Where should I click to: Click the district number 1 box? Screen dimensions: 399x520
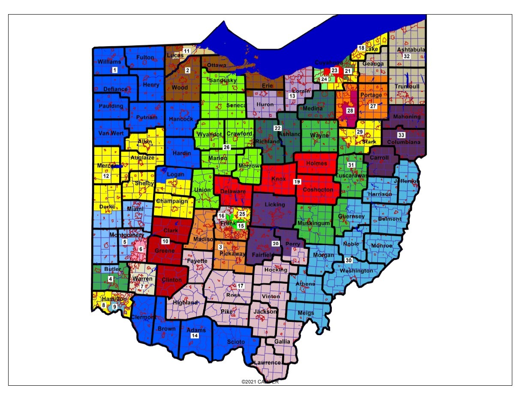[114, 69]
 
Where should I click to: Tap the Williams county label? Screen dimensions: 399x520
[109, 62]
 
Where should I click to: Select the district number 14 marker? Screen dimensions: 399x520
[195, 336]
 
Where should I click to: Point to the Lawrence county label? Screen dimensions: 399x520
[267, 363]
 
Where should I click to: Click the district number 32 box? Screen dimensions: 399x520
[407, 57]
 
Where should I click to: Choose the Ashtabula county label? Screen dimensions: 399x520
[411, 50]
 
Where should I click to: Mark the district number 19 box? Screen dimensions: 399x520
[297, 182]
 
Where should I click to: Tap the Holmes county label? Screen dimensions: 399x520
[316, 163]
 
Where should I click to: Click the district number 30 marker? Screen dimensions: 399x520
[349, 261]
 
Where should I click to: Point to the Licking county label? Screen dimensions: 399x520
[274, 204]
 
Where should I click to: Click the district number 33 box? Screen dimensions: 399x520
[400, 135]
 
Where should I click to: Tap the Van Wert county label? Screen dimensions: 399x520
[111, 133]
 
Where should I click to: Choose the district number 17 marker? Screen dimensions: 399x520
[240, 286]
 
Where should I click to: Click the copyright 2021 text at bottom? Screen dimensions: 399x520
[260, 382]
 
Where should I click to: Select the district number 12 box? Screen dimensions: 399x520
[106, 176]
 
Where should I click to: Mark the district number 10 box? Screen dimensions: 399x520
[165, 241]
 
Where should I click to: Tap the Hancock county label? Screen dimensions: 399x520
[181, 119]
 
